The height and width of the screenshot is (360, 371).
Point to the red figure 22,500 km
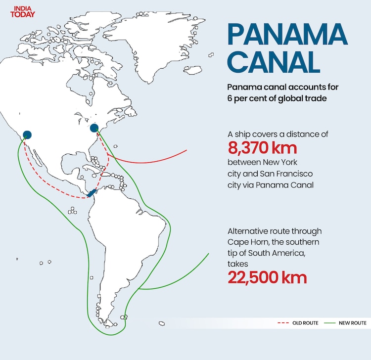(267, 277)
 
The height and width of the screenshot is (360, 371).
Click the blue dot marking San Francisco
(27, 135)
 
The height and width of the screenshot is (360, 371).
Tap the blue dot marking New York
(94, 128)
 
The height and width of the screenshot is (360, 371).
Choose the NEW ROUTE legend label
(352, 323)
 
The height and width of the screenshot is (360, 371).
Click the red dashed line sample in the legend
(283, 323)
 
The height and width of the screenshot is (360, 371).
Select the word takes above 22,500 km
(238, 265)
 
